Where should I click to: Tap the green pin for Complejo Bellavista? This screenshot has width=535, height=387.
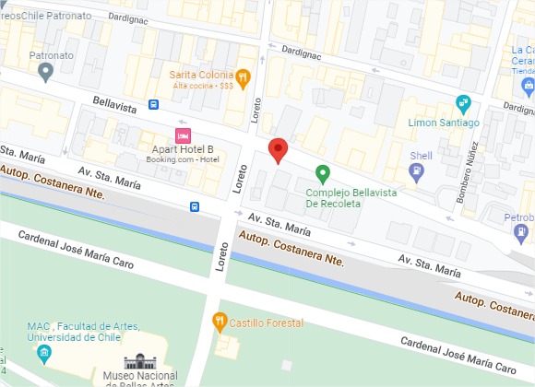(323, 172)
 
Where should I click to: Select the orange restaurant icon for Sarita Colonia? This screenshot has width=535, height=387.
(243, 76)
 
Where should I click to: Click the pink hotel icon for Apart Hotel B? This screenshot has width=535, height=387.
(183, 135)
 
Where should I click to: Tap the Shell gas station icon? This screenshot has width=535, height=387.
(420, 171)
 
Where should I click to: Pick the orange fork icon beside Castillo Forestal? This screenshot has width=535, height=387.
(220, 322)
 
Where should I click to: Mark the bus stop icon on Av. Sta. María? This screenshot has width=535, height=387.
(195, 206)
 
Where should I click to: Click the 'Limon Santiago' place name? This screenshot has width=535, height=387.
(444, 123)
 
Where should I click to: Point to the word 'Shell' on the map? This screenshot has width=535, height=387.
(421, 156)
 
